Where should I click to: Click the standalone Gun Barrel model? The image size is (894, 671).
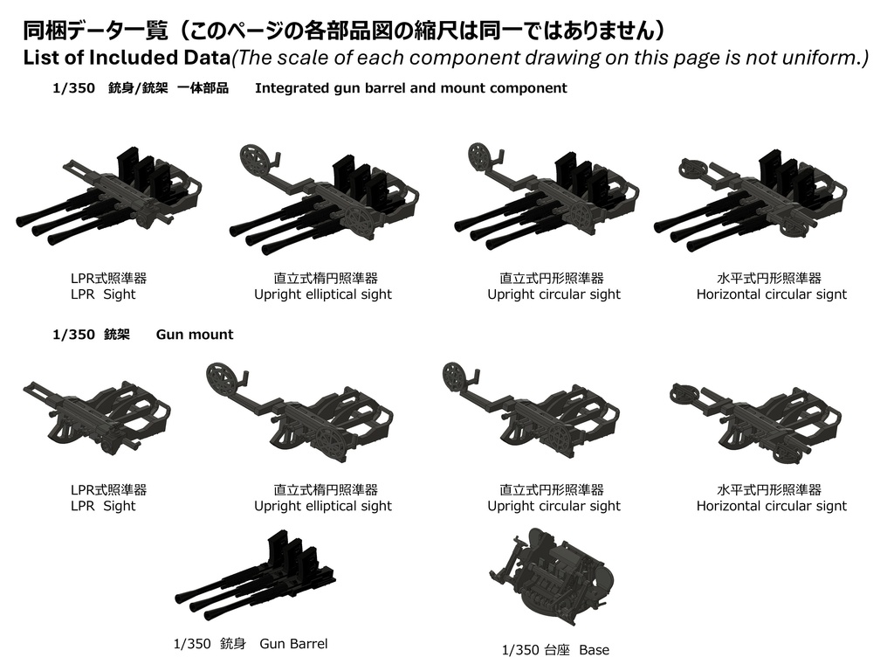[258, 577]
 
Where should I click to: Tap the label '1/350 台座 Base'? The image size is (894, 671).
[555, 650]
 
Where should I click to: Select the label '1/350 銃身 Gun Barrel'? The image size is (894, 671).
[251, 644]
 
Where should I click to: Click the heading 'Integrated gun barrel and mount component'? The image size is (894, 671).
[410, 88]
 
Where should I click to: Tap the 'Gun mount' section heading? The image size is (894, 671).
[195, 335]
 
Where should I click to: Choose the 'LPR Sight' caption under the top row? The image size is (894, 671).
[103, 294]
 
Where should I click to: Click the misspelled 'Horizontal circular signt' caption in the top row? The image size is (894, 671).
[771, 294]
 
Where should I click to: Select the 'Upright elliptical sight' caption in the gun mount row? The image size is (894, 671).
[322, 506]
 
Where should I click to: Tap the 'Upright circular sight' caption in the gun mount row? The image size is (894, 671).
[554, 506]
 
